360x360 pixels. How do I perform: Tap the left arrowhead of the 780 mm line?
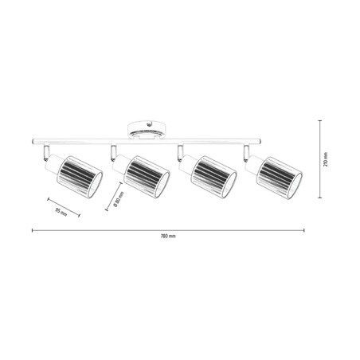[33, 230]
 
